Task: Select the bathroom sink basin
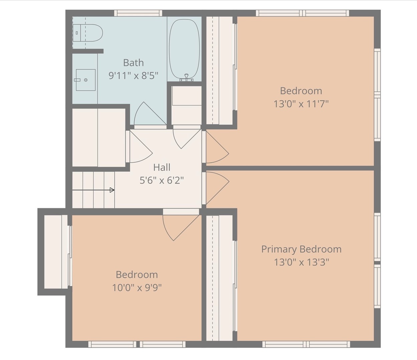point(85,80)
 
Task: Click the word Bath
point(133,63)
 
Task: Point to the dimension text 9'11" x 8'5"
point(133,76)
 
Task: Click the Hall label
point(162,167)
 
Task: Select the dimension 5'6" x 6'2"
point(162,180)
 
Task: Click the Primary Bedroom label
point(301,249)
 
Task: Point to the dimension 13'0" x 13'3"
point(301,262)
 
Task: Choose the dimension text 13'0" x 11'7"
point(301,104)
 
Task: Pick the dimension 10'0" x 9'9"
point(137,287)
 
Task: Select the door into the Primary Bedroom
point(216,187)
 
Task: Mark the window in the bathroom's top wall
point(138,13)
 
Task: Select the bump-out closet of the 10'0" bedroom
point(56,252)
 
